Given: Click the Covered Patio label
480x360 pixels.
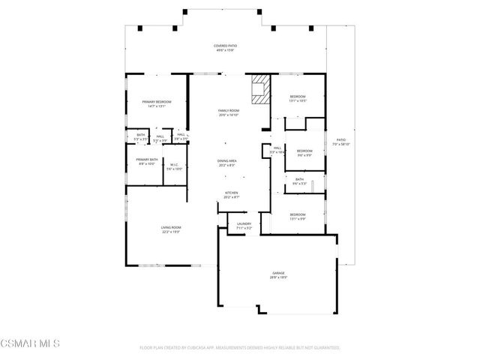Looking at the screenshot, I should (x=226, y=48).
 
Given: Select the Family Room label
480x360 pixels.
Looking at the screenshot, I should (x=229, y=112).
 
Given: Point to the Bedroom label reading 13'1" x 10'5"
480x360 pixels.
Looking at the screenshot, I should (x=298, y=98).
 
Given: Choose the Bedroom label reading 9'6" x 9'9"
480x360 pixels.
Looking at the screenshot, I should (x=304, y=153).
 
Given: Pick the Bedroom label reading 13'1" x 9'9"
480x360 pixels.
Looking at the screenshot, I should (x=298, y=217).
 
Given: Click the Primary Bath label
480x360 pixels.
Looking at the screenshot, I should (x=147, y=161).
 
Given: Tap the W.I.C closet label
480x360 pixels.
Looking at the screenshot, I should (x=173, y=166).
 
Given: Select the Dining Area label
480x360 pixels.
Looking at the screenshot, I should (x=227, y=163).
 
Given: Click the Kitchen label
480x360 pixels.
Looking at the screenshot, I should (x=232, y=195).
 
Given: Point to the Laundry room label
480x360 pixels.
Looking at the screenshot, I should (x=244, y=225).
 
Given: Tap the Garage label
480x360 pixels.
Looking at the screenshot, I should (x=279, y=275).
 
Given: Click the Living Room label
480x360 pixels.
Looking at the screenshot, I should (x=172, y=229).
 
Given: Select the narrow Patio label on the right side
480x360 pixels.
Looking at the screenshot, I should (x=342, y=142).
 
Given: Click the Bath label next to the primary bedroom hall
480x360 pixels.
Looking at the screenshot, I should (x=140, y=136).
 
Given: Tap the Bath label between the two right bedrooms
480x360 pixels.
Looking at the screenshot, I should (x=299, y=181).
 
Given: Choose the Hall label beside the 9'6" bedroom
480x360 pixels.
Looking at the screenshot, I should (x=277, y=150).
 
